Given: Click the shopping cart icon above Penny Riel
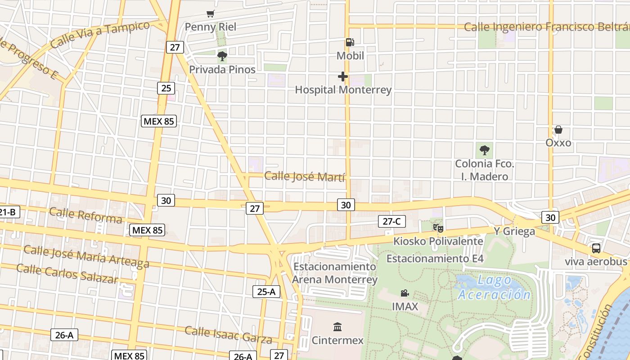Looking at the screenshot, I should (x=210, y=14).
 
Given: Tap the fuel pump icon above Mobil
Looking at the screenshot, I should (x=350, y=43).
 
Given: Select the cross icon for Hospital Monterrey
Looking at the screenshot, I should (x=343, y=76).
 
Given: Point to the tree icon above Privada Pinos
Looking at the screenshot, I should (x=222, y=56).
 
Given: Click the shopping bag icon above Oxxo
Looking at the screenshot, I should (x=558, y=130).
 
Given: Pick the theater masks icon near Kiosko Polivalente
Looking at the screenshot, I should (x=438, y=228).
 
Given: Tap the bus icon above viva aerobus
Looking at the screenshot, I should (x=596, y=248).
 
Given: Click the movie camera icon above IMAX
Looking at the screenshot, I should (x=405, y=293).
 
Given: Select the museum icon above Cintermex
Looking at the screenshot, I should (x=337, y=327).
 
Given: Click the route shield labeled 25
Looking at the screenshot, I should (x=166, y=88).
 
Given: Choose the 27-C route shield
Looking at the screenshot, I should (x=391, y=221).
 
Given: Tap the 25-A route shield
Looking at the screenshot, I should (x=266, y=292).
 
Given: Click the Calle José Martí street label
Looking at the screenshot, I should (x=305, y=176).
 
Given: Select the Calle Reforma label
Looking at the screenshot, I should (x=85, y=215).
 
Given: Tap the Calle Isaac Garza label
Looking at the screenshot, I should (x=228, y=335).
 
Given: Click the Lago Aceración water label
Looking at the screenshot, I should (x=494, y=287).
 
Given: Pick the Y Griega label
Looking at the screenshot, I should (x=514, y=231).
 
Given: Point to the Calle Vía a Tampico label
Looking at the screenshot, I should (x=100, y=35).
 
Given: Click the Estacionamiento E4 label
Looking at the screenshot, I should (x=435, y=259).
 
